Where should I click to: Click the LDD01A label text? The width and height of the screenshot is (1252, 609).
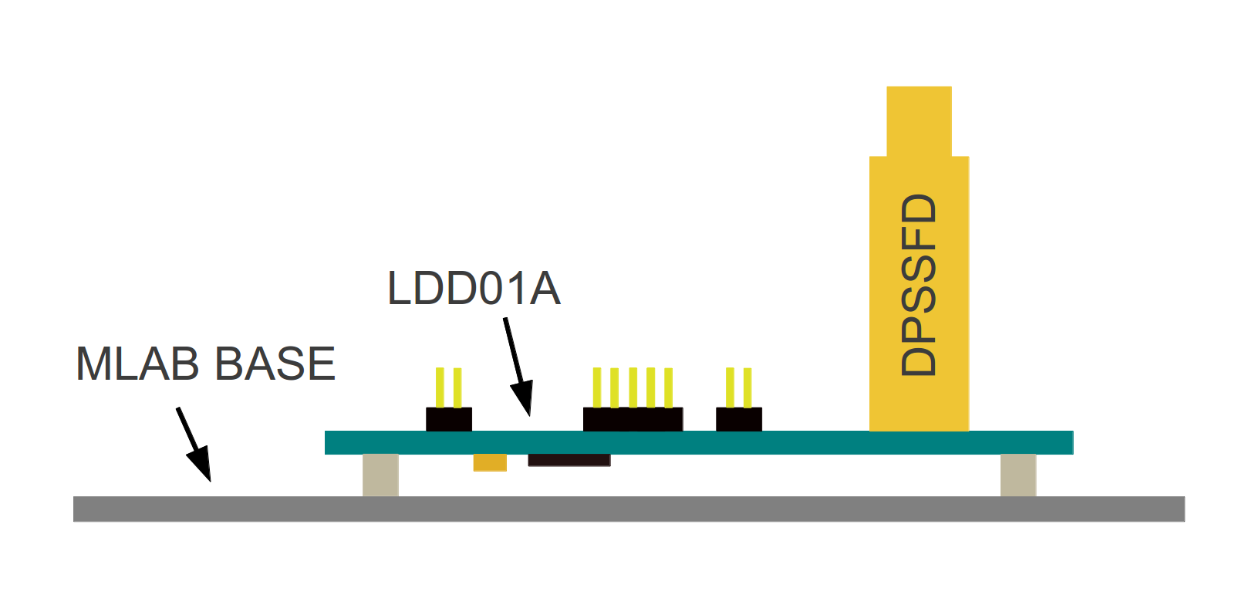click(474, 289)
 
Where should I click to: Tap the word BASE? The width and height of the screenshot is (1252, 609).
click(275, 364)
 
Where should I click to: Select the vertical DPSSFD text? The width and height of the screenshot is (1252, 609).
click(919, 285)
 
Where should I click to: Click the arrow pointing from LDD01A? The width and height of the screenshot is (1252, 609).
click(518, 367)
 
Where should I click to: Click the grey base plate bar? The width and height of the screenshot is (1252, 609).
click(629, 509)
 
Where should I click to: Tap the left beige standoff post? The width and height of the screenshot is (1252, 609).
click(380, 475)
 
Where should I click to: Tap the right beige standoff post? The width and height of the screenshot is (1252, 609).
click(1017, 475)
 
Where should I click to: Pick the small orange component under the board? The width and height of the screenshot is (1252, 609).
click(490, 462)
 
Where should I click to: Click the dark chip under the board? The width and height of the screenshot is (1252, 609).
click(569, 460)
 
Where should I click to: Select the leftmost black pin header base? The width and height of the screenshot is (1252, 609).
click(449, 419)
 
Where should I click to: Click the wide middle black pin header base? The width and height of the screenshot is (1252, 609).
click(633, 419)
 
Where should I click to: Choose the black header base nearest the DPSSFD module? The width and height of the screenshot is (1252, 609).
click(739, 419)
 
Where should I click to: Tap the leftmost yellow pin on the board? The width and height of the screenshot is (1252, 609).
click(440, 387)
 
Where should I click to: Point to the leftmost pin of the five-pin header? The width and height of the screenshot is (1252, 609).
click(597, 387)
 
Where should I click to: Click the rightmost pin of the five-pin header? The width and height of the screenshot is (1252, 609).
click(668, 387)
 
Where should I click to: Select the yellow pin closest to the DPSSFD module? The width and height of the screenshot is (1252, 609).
click(747, 387)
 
